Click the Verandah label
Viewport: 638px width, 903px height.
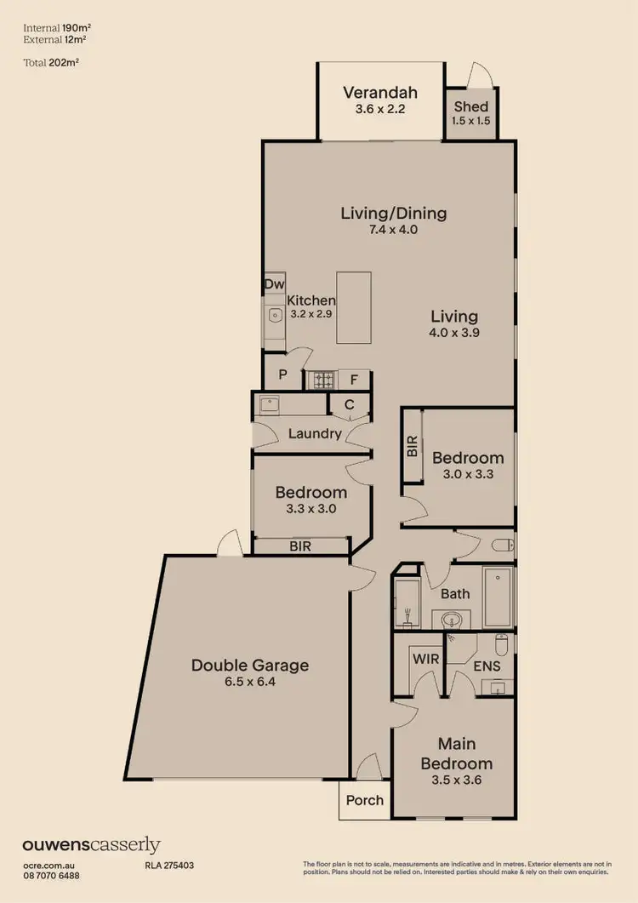click(x=379, y=93)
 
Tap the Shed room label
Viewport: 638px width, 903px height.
click(x=470, y=106)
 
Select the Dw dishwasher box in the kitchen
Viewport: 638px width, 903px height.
click(x=274, y=284)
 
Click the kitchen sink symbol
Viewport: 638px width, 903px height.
click(x=275, y=315)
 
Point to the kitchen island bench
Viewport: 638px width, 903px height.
click(x=354, y=307)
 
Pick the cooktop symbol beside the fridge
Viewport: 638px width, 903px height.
click(x=323, y=380)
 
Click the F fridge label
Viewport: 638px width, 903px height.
click(x=353, y=380)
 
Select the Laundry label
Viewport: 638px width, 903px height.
click(x=314, y=433)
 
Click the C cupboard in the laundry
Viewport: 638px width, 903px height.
click(x=349, y=405)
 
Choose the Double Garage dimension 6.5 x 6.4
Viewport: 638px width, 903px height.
click(x=249, y=683)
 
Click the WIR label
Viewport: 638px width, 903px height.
click(x=424, y=658)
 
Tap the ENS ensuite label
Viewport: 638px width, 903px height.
click(x=487, y=666)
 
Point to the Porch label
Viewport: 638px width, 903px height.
click(x=365, y=800)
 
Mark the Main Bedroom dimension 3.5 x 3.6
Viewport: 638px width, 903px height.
click(x=457, y=779)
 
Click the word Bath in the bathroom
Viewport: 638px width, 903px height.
click(x=455, y=593)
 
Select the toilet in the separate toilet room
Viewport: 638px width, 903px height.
click(x=504, y=545)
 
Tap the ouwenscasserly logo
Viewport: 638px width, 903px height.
click(x=91, y=845)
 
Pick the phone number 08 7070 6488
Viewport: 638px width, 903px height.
click(x=52, y=875)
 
